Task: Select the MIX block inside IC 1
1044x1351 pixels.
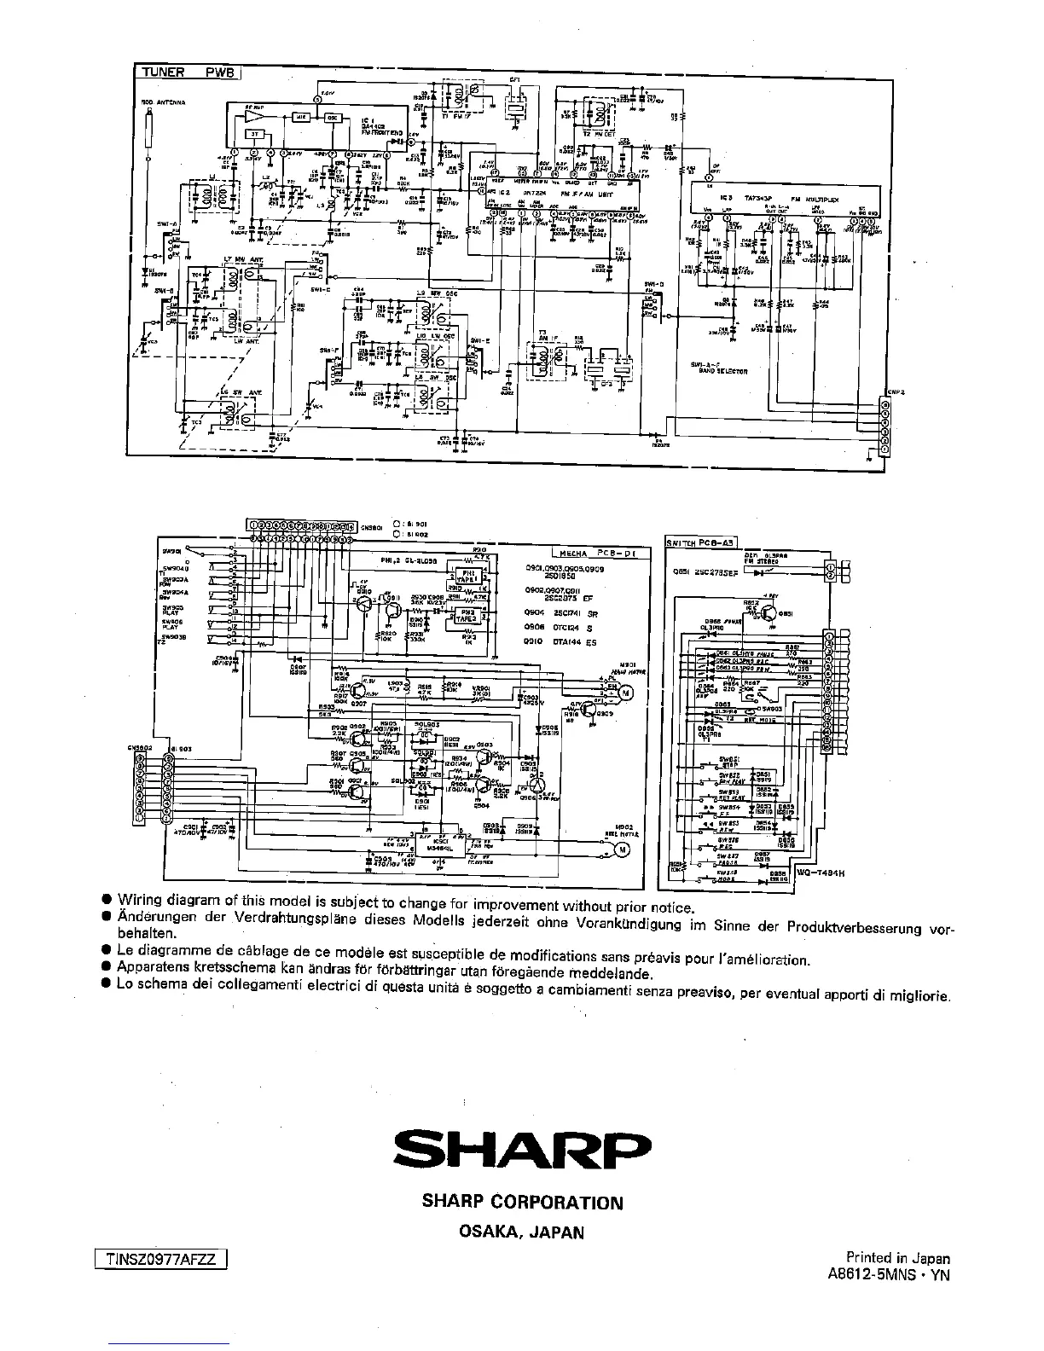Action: coord(302,117)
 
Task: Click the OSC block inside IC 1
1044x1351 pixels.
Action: coord(333,117)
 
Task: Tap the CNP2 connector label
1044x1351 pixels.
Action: coord(895,391)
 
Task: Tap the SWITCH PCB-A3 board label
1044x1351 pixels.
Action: coord(700,542)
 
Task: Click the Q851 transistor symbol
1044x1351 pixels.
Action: coord(770,612)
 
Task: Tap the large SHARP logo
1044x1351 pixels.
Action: coord(522,1151)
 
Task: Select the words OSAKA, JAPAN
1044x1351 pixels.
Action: coord(522,1232)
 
